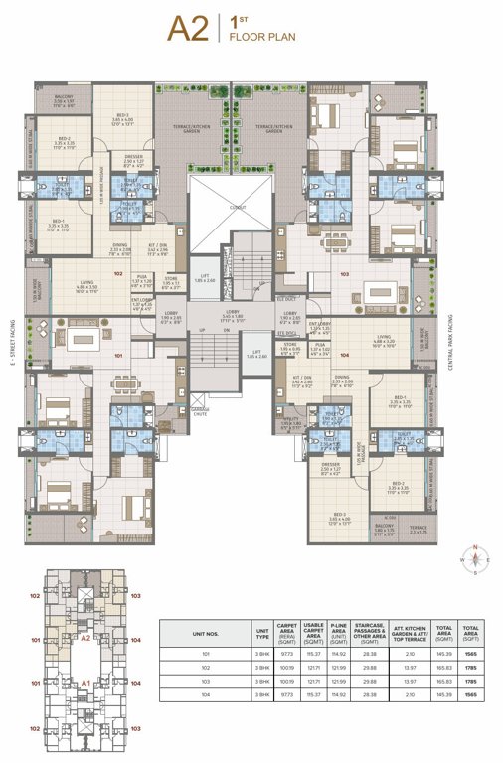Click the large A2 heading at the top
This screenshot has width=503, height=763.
[188, 29]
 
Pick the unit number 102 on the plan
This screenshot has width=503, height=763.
[117, 273]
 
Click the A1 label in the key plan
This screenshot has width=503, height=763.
[85, 683]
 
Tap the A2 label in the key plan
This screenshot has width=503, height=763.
[85, 640]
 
